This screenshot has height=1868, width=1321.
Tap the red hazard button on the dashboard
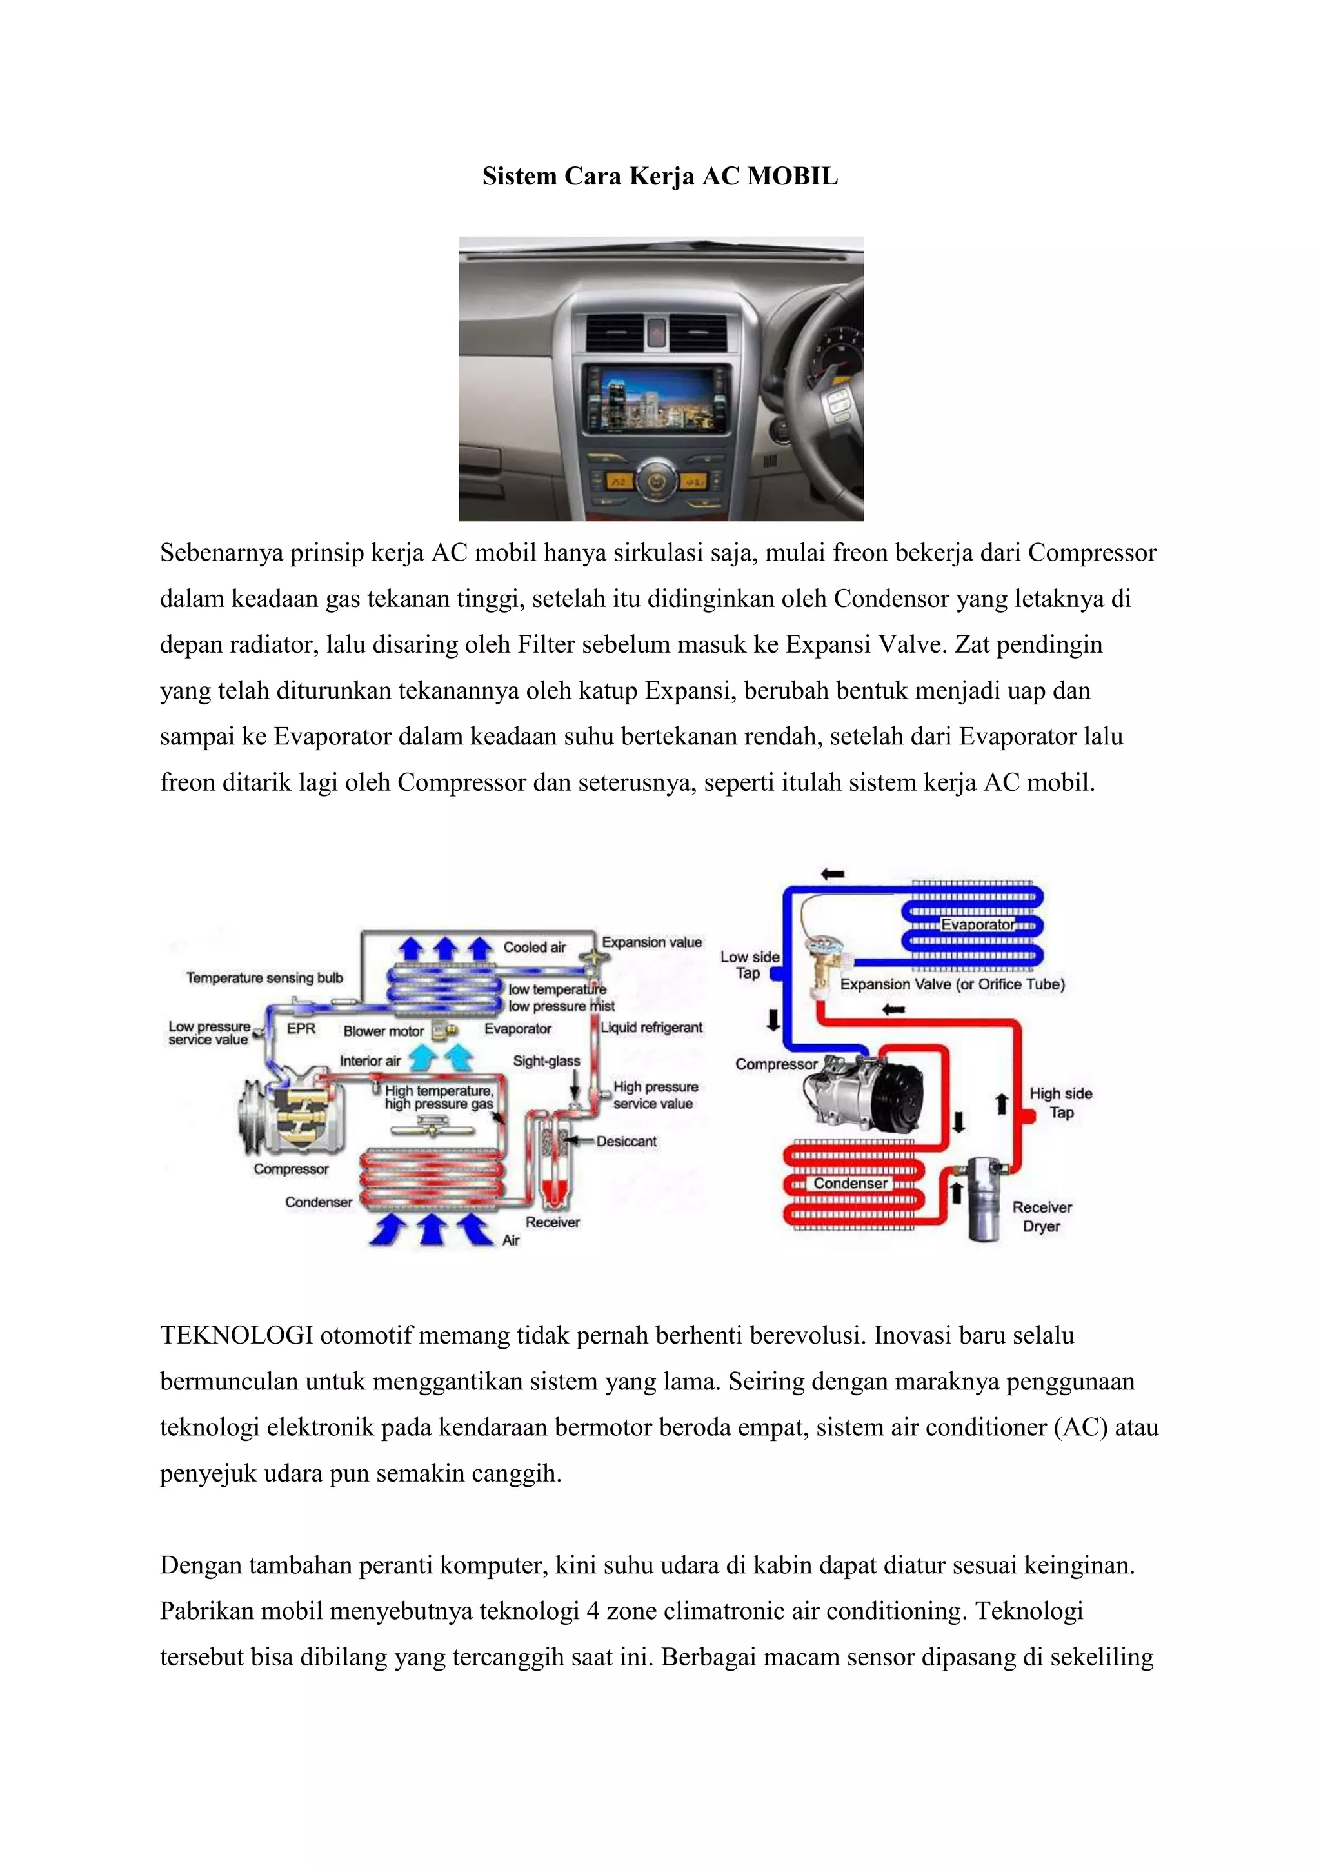tap(657, 332)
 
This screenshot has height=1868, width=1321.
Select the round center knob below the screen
tap(657, 480)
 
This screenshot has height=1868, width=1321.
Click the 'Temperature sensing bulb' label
tap(264, 978)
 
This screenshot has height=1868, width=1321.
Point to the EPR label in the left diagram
tap(301, 1028)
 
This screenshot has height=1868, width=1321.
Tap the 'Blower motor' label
tap(383, 1031)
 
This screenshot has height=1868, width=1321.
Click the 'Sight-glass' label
tap(546, 1061)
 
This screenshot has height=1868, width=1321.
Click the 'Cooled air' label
tap(535, 947)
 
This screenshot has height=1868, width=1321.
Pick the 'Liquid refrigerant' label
tap(651, 1028)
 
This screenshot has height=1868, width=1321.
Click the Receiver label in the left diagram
tap(552, 1222)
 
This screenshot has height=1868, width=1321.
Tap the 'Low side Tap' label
tap(749, 965)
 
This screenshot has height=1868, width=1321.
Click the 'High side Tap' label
tap(1060, 1103)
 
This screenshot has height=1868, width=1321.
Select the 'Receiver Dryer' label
tap(1042, 1217)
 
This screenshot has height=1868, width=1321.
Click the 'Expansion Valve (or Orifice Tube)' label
tap(951, 984)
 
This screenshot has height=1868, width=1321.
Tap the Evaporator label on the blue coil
tap(977, 925)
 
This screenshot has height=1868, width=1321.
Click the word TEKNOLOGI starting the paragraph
tap(236, 1336)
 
